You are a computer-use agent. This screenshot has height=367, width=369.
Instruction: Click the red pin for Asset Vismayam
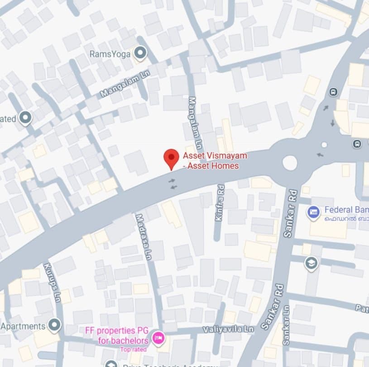click(x=171, y=158)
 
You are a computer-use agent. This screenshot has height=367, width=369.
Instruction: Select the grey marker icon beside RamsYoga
click(x=140, y=54)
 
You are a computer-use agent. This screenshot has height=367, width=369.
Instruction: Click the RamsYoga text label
click(x=110, y=54)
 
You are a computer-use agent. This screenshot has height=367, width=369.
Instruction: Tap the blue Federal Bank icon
click(x=313, y=212)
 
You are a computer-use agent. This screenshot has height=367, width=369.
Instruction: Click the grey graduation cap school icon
click(x=311, y=263)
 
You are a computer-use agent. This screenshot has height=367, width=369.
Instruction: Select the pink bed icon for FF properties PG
click(x=158, y=338)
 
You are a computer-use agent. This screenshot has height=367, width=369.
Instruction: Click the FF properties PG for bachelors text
click(x=117, y=335)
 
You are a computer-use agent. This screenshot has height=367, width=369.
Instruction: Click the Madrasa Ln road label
click(x=143, y=237)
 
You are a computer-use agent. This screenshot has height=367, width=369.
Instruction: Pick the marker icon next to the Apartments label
click(x=54, y=325)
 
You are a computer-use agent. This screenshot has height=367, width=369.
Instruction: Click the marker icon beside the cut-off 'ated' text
click(x=25, y=118)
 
